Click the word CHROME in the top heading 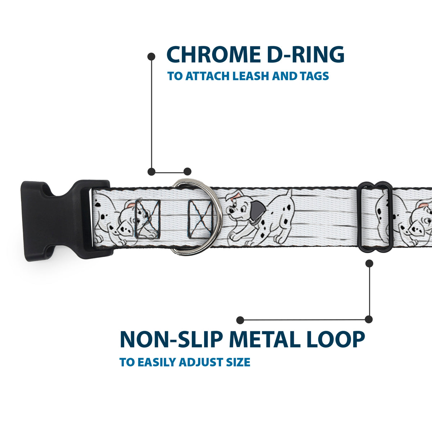(213, 54)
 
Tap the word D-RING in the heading (306, 54)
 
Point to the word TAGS (314, 76)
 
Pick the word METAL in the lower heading (265, 339)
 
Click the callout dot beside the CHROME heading (151, 57)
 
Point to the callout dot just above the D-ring (188, 171)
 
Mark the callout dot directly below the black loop (369, 264)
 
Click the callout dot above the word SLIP (240, 320)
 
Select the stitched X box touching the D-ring (200, 219)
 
